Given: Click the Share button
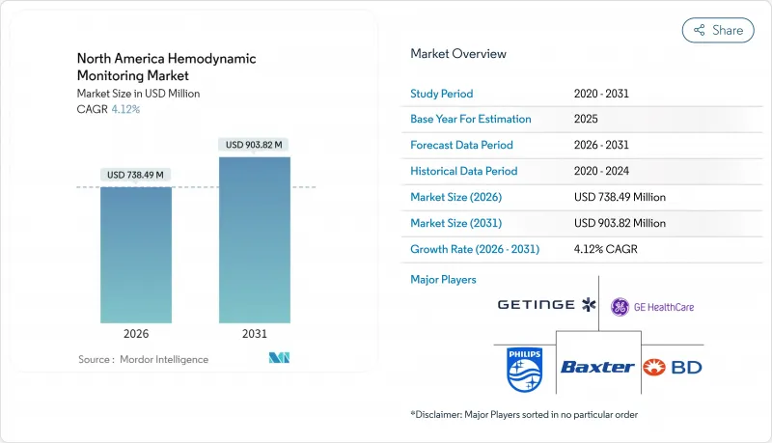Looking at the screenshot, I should (x=718, y=30).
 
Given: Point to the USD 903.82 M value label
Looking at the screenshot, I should (x=255, y=145).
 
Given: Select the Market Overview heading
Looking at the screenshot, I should (x=457, y=54).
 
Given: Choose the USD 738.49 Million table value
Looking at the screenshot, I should (x=619, y=197).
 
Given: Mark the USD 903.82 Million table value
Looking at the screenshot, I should (x=619, y=223).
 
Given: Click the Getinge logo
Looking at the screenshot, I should (x=547, y=306).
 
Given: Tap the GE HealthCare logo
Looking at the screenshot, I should (x=651, y=307).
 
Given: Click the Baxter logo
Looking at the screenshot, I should (x=598, y=367).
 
